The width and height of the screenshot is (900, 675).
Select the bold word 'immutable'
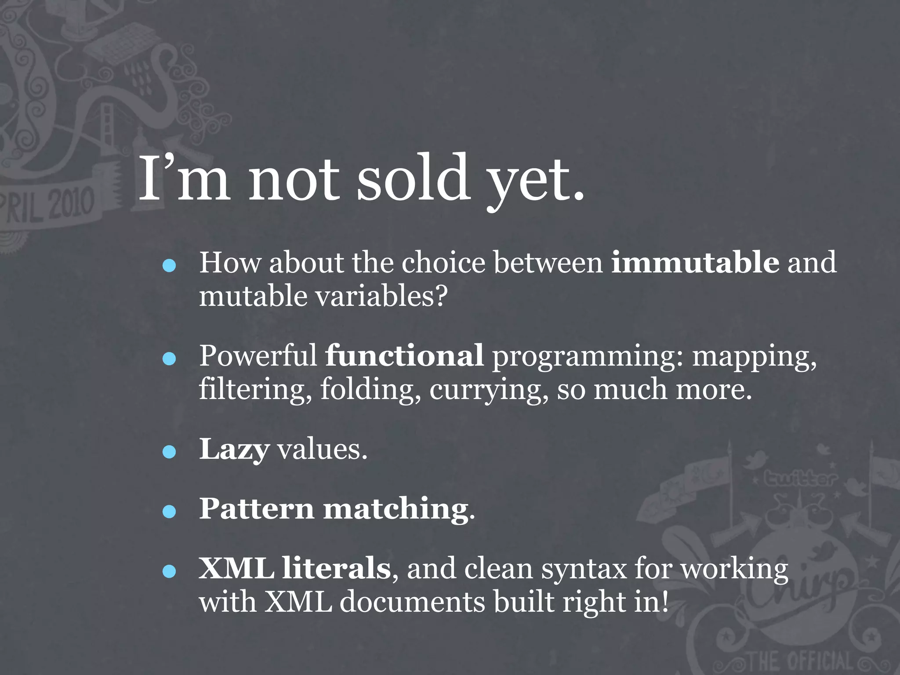click(x=695, y=262)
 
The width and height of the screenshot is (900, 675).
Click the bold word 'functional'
click(x=404, y=356)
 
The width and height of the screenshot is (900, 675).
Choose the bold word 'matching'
click(x=396, y=510)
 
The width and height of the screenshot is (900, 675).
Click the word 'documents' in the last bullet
click(x=412, y=602)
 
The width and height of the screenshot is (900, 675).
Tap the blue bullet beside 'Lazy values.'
click(x=169, y=452)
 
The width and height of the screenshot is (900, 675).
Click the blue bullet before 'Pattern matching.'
click(x=169, y=512)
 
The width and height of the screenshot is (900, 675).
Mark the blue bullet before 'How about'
click(x=169, y=265)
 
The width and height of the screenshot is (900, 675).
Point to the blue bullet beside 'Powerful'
click(x=169, y=359)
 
